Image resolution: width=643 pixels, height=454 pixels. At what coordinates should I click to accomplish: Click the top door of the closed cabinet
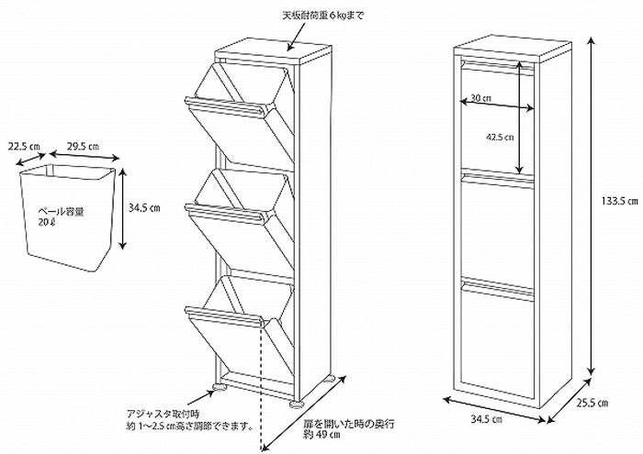pos(498,115)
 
